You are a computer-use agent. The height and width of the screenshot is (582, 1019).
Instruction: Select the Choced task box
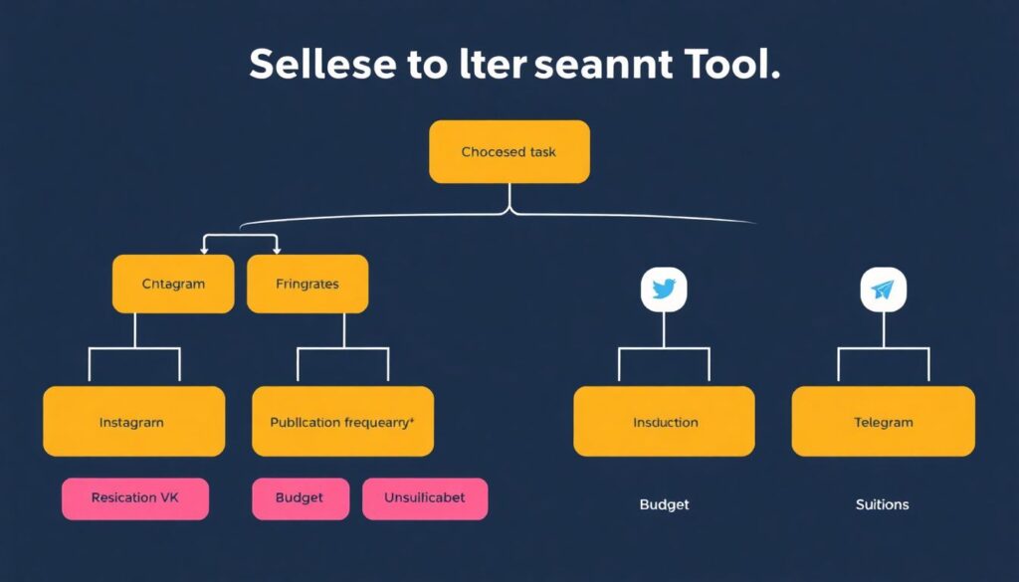click(x=509, y=152)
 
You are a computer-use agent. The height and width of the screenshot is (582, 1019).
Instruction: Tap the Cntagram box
click(x=173, y=284)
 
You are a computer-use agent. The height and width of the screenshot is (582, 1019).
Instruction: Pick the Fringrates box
click(x=306, y=284)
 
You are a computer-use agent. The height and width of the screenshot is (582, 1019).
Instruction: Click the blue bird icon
click(x=664, y=290)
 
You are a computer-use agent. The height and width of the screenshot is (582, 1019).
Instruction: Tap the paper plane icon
click(x=883, y=290)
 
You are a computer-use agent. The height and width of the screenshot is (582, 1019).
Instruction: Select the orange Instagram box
click(x=133, y=422)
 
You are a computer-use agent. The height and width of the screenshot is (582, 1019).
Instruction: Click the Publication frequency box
click(x=342, y=422)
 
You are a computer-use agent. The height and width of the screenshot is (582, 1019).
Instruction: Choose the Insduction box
click(x=664, y=422)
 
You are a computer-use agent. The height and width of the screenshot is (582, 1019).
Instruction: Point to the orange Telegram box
click(x=883, y=422)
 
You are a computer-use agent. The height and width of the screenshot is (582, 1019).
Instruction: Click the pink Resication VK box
click(x=135, y=497)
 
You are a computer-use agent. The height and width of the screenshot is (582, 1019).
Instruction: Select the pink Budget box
click(x=301, y=497)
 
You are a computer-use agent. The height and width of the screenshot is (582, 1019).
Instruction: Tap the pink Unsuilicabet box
click(x=425, y=497)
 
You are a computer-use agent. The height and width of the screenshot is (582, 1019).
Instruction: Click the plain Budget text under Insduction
click(x=664, y=504)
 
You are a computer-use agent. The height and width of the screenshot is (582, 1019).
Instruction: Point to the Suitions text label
click(x=882, y=504)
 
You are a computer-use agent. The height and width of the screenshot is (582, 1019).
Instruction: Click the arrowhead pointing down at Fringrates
click(x=276, y=249)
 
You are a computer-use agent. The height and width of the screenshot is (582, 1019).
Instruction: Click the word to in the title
click(x=426, y=65)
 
